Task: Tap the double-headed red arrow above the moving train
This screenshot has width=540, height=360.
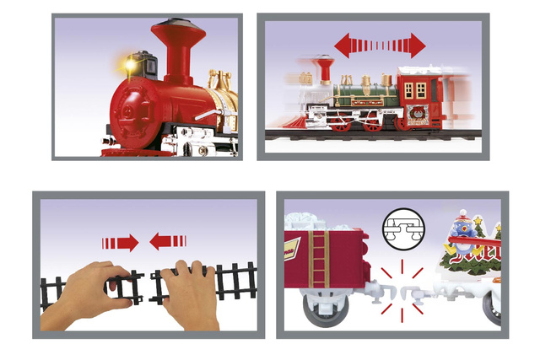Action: pyautogui.click(x=381, y=45)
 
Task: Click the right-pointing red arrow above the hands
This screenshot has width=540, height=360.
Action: pyautogui.click(x=121, y=243)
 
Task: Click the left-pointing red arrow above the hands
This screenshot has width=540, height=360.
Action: pyautogui.click(x=168, y=243)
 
